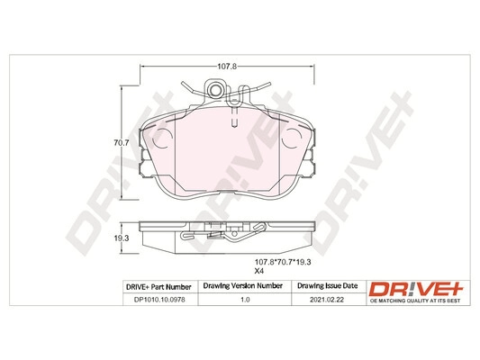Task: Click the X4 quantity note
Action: pos(258,272)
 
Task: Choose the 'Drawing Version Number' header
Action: pos(242,287)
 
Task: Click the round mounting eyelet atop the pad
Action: pos(217,88)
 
